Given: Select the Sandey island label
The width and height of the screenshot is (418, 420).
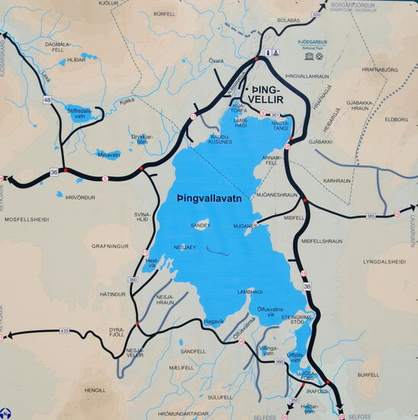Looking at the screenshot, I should (x=200, y=226).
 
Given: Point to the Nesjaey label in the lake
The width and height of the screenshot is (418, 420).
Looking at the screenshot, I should (x=185, y=247).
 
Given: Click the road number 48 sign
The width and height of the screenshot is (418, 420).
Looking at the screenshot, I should (x=47, y=100).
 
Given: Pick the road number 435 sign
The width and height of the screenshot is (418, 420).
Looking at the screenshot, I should (x=64, y=331).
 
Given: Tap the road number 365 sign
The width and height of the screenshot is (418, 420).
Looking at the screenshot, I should (x=370, y=216).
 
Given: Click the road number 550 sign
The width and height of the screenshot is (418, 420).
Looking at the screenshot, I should (x=317, y=15).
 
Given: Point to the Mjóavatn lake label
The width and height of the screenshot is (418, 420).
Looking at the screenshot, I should (x=109, y=154).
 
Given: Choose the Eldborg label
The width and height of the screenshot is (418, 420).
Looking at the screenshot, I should (x=397, y=119).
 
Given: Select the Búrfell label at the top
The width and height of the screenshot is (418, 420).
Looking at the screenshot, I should (x=164, y=14).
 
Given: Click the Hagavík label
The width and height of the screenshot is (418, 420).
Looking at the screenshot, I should (x=214, y=321).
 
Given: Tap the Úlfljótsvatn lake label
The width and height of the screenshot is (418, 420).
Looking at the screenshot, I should (x=297, y=357).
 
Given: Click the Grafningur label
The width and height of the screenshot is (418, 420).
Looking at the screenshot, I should (x=112, y=247).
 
